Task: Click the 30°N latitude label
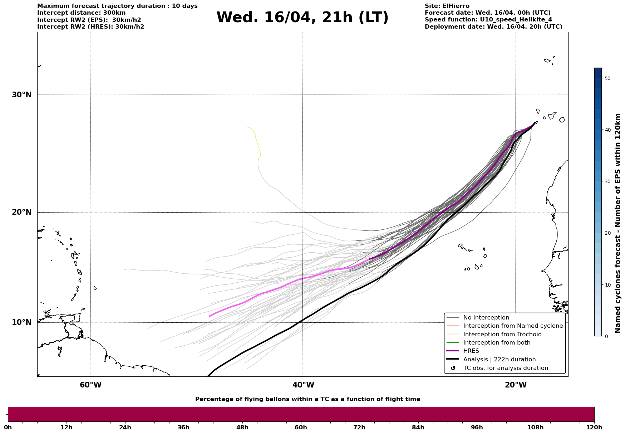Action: [x=21, y=95]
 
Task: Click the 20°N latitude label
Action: [x=21, y=212]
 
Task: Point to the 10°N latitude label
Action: [x=21, y=322]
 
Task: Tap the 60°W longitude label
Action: [x=90, y=385]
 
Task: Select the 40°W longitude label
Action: [x=303, y=385]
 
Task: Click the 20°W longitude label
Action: [x=516, y=385]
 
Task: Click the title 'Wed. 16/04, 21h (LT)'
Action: [x=302, y=18]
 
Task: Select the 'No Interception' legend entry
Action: [x=486, y=318]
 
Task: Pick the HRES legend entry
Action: [x=471, y=351]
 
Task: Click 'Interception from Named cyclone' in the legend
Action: [x=513, y=326]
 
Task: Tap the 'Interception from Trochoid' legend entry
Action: [x=502, y=335]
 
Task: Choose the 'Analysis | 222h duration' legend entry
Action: [x=499, y=360]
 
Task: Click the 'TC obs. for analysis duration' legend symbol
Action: [x=453, y=368]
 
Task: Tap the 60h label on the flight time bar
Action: [x=301, y=428]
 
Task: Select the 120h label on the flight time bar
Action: [x=594, y=428]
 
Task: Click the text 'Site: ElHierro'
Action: [x=447, y=6]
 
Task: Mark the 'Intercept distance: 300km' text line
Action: [x=81, y=13]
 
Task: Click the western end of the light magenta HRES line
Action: [x=210, y=316]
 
